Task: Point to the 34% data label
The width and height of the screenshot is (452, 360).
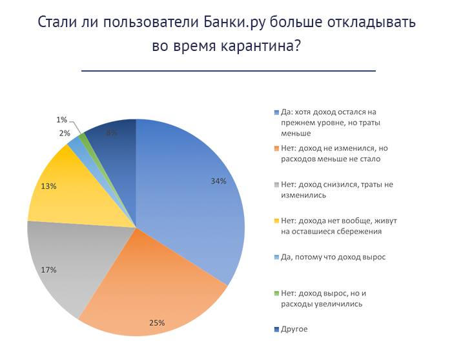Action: coord(218,181)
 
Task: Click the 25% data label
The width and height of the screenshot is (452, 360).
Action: coord(157,323)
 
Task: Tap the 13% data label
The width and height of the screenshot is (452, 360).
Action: coord(49,186)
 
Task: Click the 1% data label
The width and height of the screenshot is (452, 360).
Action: coord(62,119)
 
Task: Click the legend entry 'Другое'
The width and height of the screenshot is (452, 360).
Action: coord(294,329)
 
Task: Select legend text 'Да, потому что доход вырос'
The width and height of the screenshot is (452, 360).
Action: coord(333,257)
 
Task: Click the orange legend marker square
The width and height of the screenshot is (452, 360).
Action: coord(276,148)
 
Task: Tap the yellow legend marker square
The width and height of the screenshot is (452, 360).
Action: coord(276,221)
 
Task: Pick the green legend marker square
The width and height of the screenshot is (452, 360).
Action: coord(276,293)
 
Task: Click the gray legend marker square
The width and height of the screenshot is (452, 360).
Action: coord(276,185)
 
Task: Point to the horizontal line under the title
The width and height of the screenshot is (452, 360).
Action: coord(228,70)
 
